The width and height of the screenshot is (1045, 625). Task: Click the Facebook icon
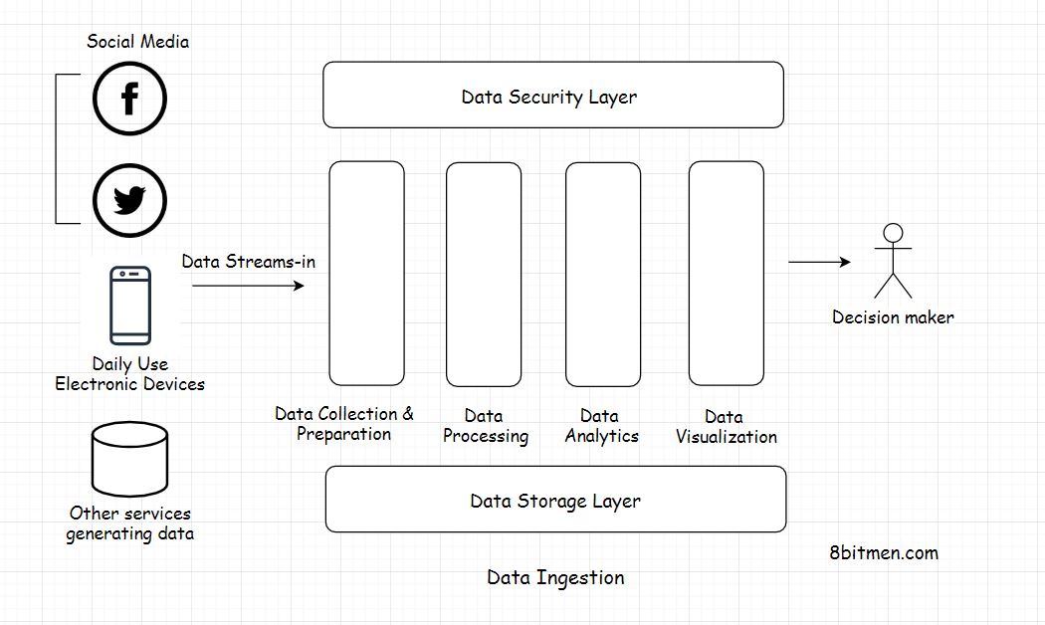(129, 99)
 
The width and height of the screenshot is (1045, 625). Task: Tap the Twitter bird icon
(129, 200)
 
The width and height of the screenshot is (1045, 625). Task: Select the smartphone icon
(130, 306)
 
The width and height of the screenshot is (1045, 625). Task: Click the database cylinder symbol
(129, 461)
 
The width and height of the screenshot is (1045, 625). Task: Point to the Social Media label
(137, 41)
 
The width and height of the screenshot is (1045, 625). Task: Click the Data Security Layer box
(553, 96)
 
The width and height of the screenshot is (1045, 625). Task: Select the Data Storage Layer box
(555, 500)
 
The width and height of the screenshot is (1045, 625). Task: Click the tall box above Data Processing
(484, 274)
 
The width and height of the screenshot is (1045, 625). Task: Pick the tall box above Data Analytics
(602, 274)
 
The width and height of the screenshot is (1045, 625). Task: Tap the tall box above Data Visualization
(726, 274)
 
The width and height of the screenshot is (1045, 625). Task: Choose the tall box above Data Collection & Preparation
(366, 273)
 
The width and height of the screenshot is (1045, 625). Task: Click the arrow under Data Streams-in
(248, 286)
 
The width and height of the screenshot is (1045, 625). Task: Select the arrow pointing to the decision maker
(819, 262)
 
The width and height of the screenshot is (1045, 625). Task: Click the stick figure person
(893, 261)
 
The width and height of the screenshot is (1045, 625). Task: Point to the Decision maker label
(893, 317)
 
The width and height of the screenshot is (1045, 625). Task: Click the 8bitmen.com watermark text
(882, 552)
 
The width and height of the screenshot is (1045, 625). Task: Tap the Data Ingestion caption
(555, 577)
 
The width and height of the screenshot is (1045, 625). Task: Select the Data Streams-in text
(248, 262)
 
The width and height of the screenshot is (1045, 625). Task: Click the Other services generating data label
(129, 523)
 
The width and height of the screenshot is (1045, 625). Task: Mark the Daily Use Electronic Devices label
(129, 374)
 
